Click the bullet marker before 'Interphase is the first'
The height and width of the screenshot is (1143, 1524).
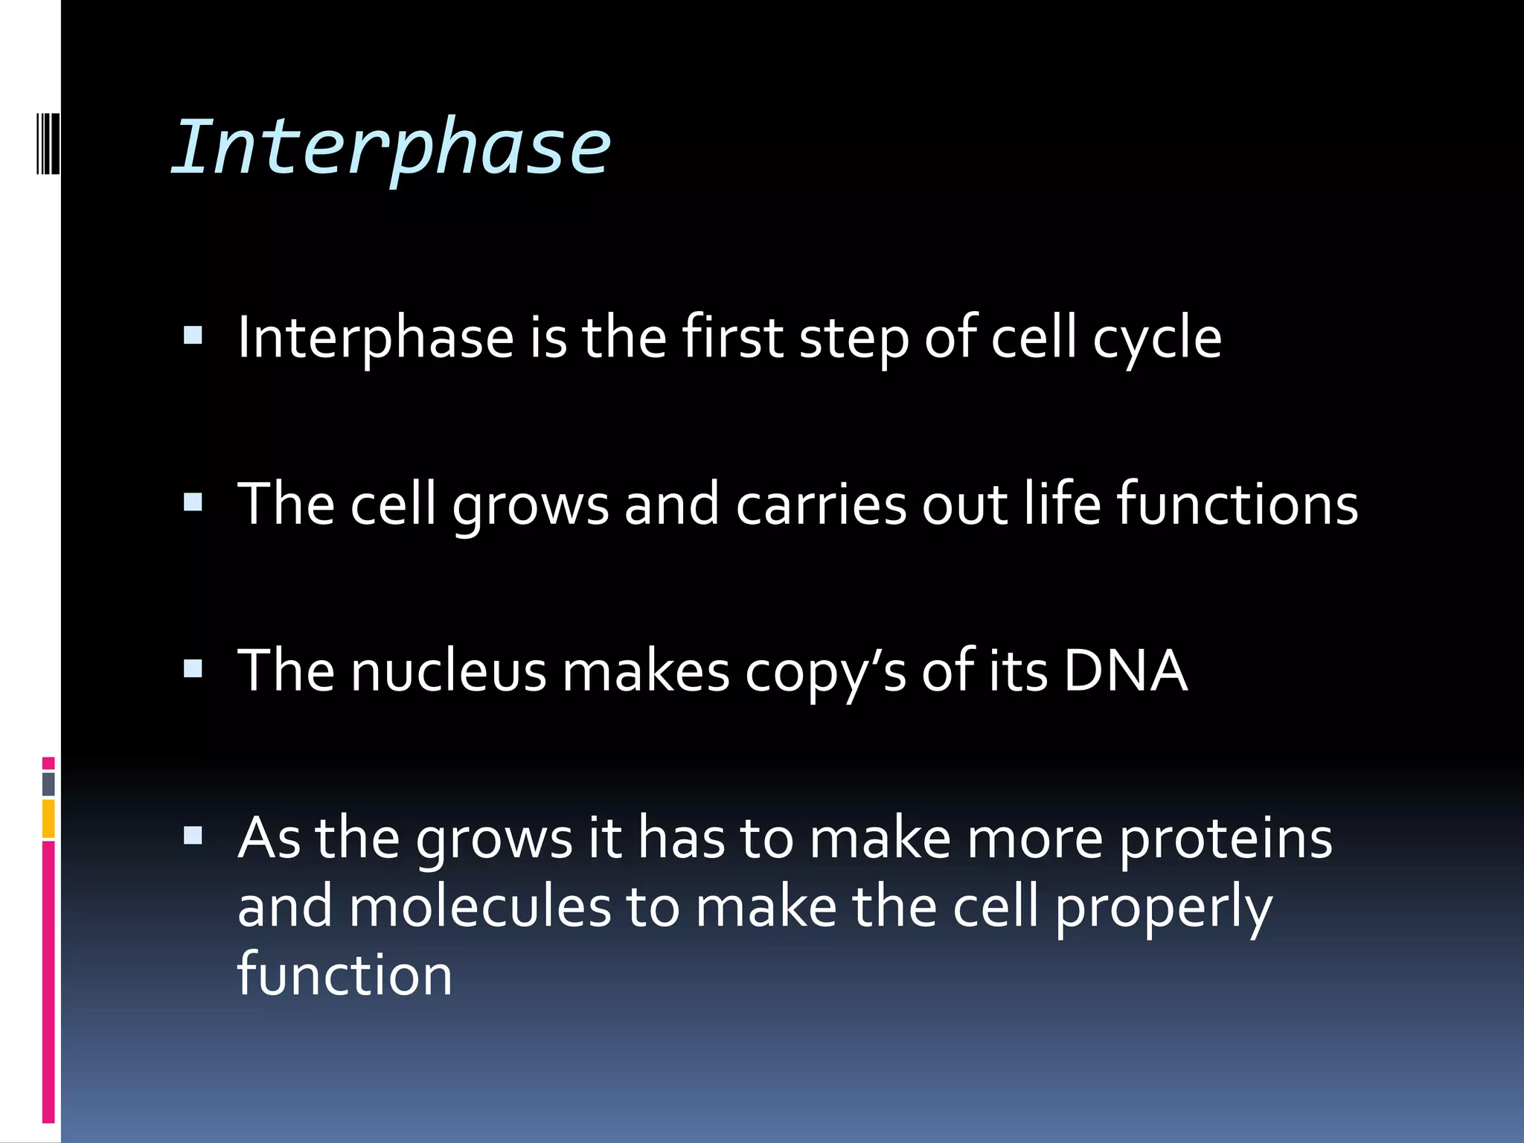(x=193, y=336)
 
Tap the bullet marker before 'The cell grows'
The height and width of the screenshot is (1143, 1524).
(x=193, y=503)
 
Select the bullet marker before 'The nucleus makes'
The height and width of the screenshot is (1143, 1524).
(x=193, y=670)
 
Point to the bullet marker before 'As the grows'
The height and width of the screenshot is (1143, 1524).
(x=193, y=836)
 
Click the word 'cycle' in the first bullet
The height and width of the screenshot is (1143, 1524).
(x=1157, y=339)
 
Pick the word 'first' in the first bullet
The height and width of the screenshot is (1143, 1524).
(x=732, y=338)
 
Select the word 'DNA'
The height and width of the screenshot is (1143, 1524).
(x=1124, y=671)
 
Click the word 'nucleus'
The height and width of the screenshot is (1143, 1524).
(x=448, y=671)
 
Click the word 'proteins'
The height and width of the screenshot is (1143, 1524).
(x=1226, y=839)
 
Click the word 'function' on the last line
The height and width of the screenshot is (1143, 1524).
(x=345, y=975)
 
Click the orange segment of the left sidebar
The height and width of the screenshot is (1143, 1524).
(x=48, y=819)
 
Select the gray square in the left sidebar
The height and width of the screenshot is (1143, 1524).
(x=48, y=784)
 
